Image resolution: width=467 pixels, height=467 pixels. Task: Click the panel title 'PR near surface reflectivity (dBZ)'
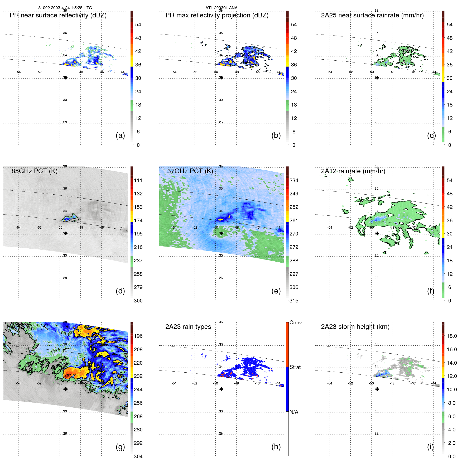click(x=58, y=15)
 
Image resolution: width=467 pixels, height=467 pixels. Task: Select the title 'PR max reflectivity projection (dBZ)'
click(x=217, y=15)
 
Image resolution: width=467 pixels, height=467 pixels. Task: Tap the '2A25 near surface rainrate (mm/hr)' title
click(x=372, y=15)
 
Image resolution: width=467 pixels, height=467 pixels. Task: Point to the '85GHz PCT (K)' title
click(x=34, y=171)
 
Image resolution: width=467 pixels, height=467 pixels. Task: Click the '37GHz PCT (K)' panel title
click(x=190, y=171)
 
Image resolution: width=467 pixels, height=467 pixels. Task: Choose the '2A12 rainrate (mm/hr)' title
click(x=353, y=171)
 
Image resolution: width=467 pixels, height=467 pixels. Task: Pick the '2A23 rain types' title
click(x=188, y=327)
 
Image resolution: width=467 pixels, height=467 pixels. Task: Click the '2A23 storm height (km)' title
click(x=355, y=327)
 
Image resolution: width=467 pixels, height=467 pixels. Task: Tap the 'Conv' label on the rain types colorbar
click(x=295, y=322)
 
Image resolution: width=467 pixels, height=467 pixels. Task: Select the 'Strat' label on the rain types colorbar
click(x=295, y=367)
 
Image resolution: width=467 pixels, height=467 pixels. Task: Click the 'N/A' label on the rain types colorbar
click(x=294, y=412)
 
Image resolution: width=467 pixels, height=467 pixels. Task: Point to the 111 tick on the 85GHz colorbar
click(x=138, y=180)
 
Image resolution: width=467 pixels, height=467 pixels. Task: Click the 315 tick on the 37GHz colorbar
click(x=294, y=301)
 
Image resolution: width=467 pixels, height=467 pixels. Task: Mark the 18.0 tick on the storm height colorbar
click(x=451, y=336)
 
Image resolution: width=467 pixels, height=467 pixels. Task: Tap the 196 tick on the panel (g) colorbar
click(x=138, y=336)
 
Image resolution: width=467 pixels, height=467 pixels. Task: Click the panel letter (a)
click(x=120, y=135)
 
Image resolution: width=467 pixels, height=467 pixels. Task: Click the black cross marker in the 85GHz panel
click(x=66, y=233)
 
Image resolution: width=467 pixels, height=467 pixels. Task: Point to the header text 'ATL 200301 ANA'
click(x=221, y=8)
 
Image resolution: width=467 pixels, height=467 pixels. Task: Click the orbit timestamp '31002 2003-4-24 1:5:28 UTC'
click(x=65, y=8)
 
